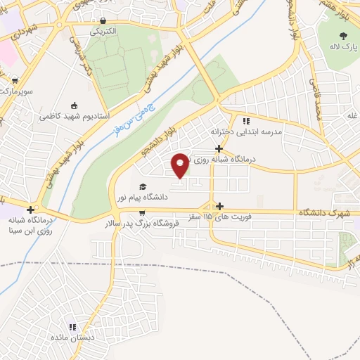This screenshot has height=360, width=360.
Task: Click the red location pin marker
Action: [x=181, y=165]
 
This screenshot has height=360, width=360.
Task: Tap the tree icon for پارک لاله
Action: [x=343, y=36]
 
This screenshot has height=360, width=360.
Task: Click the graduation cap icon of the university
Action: [x=143, y=187]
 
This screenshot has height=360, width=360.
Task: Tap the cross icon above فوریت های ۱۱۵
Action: [x=221, y=206]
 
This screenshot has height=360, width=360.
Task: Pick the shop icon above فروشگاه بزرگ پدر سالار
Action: [x=142, y=213]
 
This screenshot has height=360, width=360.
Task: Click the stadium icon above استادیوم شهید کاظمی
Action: [x=75, y=103]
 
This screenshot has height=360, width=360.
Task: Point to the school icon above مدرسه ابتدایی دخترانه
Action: [x=245, y=120]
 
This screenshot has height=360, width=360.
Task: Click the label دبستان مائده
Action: [x=72, y=337]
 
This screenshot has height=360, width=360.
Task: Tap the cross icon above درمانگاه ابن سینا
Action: [x=30, y=209]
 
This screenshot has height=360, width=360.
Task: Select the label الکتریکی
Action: [x=103, y=32]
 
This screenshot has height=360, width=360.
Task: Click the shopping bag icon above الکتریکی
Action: [x=103, y=21]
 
